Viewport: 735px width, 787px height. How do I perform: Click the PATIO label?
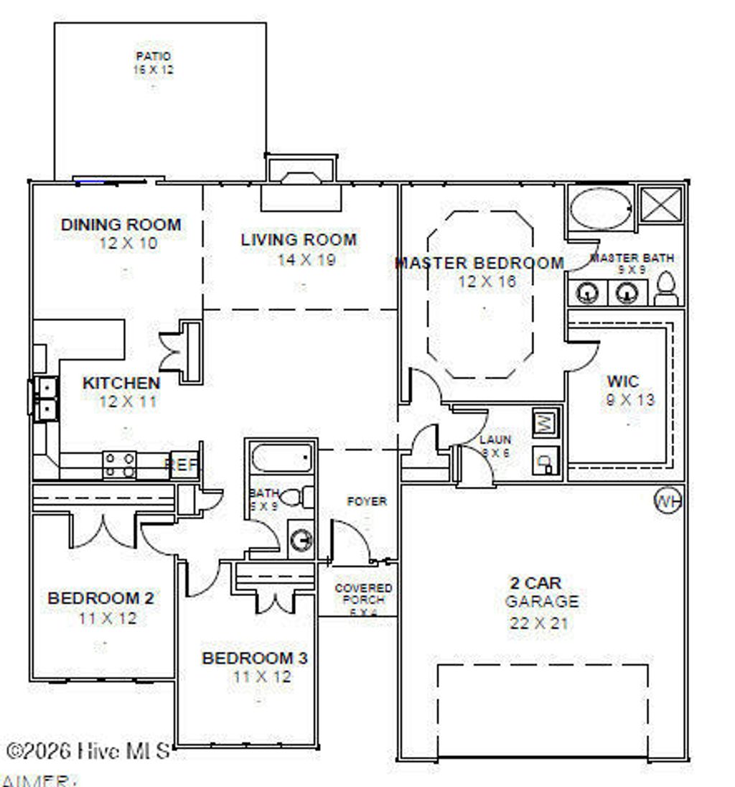pos(153,56)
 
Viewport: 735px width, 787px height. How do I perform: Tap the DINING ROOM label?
pos(121,225)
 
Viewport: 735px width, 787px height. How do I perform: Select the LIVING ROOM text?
pos(299,240)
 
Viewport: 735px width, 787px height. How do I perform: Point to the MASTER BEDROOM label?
pos(480,263)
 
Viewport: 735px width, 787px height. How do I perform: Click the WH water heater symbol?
pos(666,500)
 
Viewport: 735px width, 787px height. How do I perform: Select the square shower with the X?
pos(660,204)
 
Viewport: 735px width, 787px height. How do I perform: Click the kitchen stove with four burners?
pos(120,464)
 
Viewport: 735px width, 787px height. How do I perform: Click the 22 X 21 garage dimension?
pos(539,623)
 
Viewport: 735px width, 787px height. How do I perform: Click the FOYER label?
pos(366,501)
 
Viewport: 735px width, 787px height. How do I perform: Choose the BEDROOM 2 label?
pos(100,597)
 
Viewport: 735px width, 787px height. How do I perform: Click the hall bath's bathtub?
pos(282,458)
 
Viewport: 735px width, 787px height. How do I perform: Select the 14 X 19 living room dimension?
pos(306,259)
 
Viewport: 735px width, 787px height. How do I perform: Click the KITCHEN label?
pos(121,383)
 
